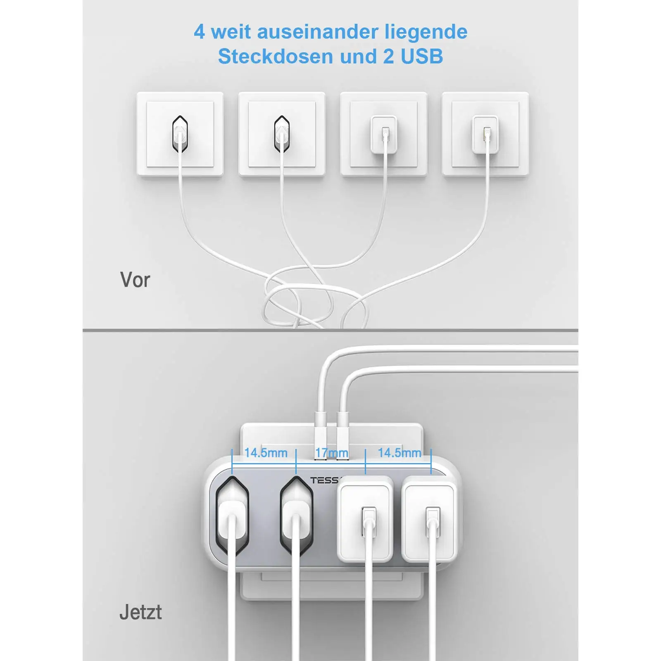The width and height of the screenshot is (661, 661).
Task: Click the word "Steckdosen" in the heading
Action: click(276, 56)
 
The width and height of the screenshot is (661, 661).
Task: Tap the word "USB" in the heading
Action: click(422, 56)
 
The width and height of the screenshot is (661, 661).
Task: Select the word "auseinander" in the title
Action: click(317, 32)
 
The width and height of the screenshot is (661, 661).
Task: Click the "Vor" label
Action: click(135, 280)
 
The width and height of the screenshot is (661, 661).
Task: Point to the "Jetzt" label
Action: click(140, 612)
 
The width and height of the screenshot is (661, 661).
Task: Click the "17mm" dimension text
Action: click(331, 453)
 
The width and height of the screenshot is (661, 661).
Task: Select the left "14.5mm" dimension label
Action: click(266, 453)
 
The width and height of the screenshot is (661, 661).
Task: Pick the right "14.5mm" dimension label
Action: click(399, 453)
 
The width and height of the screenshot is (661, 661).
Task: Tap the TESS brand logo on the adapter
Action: click(324, 480)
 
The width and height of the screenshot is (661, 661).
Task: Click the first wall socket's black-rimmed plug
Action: click(180, 134)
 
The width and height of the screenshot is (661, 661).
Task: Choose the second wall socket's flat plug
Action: click(282, 134)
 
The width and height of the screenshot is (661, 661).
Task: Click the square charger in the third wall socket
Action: click(384, 134)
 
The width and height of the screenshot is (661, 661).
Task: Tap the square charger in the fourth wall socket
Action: click(485, 134)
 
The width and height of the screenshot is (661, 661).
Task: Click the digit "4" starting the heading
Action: click(199, 32)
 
